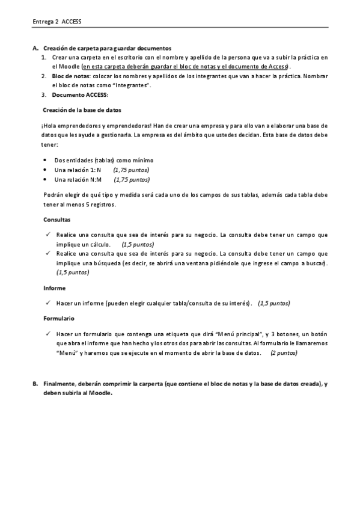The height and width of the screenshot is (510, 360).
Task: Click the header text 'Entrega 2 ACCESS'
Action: pos(56,22)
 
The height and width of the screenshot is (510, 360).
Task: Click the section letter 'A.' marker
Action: pos(35,48)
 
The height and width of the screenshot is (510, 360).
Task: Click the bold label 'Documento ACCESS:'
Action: pos(80,95)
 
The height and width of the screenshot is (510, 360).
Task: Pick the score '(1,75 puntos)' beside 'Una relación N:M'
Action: pos(132,179)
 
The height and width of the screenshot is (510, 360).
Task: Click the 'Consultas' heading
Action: pos(56,220)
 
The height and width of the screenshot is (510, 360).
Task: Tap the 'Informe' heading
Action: pos(55,287)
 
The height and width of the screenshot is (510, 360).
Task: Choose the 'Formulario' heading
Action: pos(59,318)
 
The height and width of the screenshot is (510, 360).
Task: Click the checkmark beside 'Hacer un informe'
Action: pos(47,303)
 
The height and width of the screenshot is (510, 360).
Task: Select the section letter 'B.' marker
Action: pos(35,383)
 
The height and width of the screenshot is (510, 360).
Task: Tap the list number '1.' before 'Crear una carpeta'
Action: pos(44,57)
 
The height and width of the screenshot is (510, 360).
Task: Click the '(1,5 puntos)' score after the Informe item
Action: pos(273,303)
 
